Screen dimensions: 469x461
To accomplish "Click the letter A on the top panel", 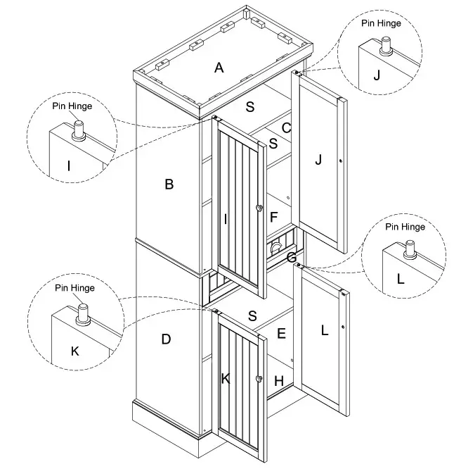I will click(x=219, y=68).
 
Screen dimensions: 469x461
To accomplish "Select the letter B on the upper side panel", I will click(x=169, y=185).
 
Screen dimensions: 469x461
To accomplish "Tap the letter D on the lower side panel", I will click(x=166, y=339).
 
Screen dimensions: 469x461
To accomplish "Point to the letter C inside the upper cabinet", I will click(x=286, y=127).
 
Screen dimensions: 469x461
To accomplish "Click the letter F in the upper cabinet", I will click(x=275, y=216).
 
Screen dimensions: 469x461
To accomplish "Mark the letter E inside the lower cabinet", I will click(x=281, y=333).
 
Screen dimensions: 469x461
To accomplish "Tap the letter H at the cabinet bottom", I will click(x=278, y=380).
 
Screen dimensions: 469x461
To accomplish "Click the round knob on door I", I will click(x=259, y=208).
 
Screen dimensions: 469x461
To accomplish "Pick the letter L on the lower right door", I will click(x=324, y=330).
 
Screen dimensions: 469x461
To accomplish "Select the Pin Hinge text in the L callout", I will click(x=405, y=227).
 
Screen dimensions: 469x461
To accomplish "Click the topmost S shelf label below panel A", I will click(x=249, y=106).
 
